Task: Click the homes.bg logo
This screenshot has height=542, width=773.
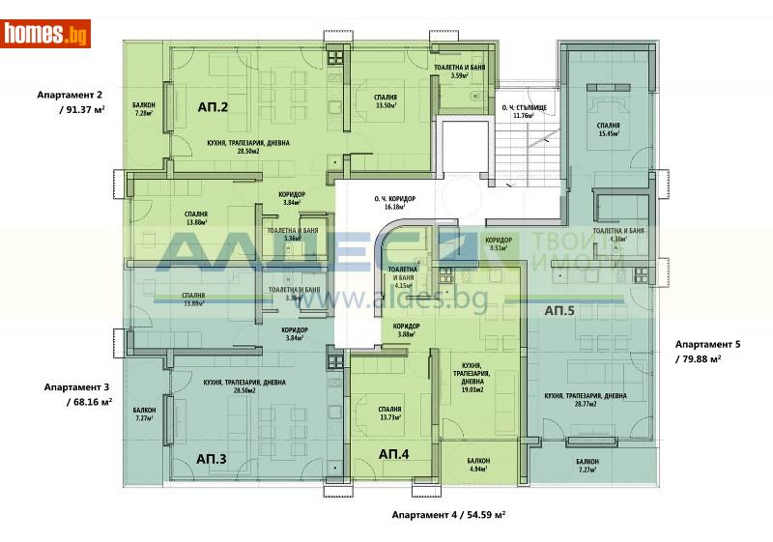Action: pos(45,35)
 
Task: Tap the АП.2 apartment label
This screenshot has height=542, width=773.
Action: pos(213,107)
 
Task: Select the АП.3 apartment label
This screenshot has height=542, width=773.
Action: pos(211,458)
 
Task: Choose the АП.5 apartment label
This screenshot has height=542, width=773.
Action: pos(559,310)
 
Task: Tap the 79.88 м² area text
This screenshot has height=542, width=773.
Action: pos(702,357)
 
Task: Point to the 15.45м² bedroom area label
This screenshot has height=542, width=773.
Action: pos(608,134)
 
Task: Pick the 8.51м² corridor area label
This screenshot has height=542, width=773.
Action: pos(499,247)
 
